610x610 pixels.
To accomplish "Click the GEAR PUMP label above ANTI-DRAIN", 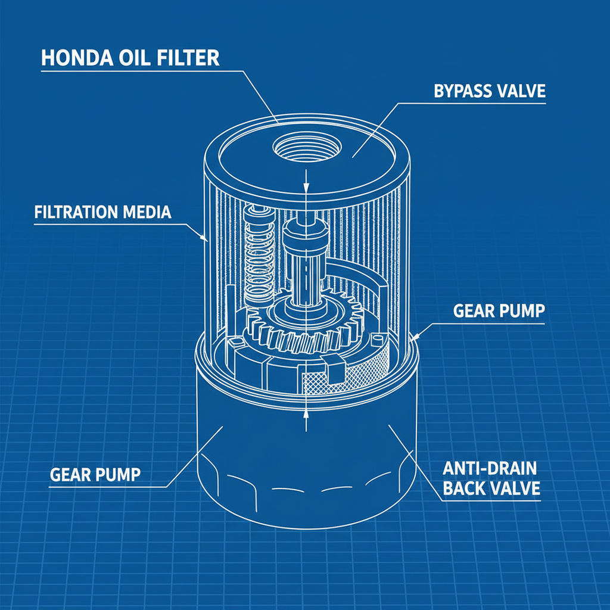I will tap(499, 311).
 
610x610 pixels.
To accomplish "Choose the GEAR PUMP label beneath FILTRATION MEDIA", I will tap(95, 475).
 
